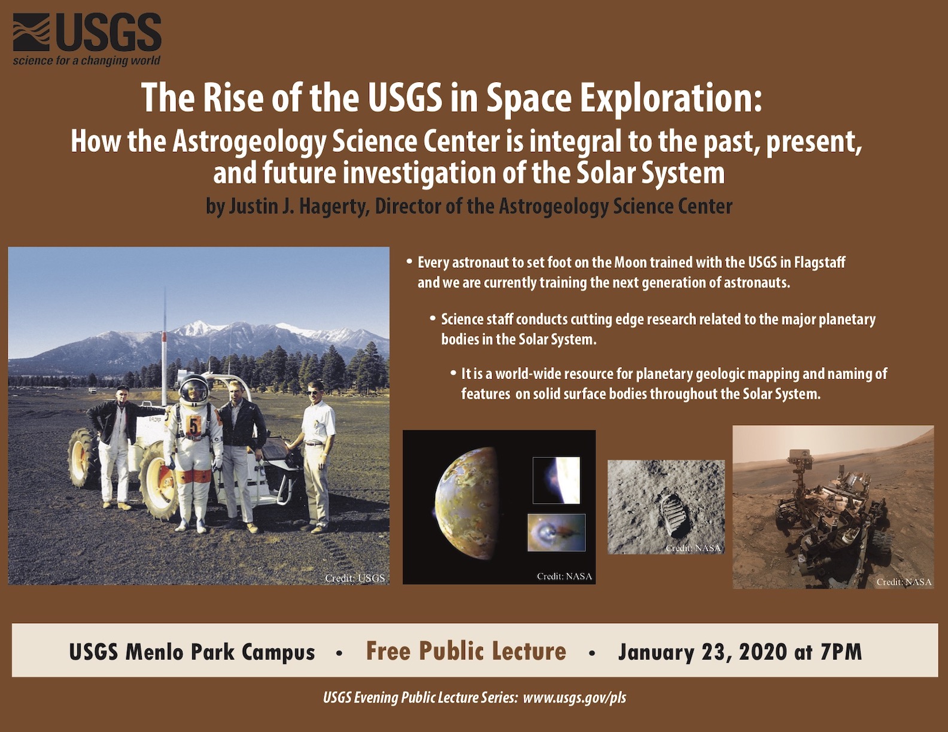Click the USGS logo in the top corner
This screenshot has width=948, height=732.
point(87,39)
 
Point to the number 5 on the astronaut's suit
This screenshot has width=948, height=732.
point(193,426)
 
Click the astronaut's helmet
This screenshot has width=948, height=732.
point(194,389)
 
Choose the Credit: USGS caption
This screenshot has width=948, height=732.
point(355,578)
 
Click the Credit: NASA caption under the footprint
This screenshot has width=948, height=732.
point(693,548)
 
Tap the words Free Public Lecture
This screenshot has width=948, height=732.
point(466,651)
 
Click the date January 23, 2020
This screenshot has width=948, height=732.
point(703,652)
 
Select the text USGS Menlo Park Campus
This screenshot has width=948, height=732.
point(192,652)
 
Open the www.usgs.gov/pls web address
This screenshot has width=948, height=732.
point(575,698)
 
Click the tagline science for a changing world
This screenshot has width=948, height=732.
point(87,60)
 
